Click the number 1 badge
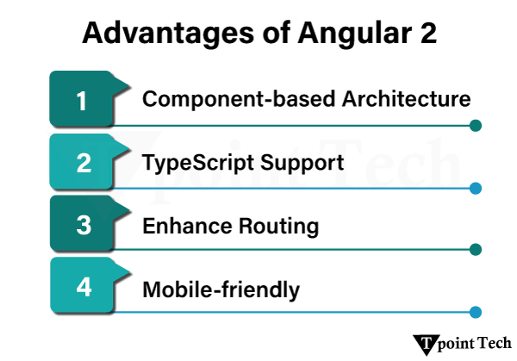coord(83,101)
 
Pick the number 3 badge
coord(83,226)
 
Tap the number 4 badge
coord(83,288)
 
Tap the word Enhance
coord(184,227)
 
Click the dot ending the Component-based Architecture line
coord(476,126)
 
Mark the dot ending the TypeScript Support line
coord(476,188)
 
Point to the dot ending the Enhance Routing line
coord(476,250)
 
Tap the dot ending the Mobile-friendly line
coord(476,312)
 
